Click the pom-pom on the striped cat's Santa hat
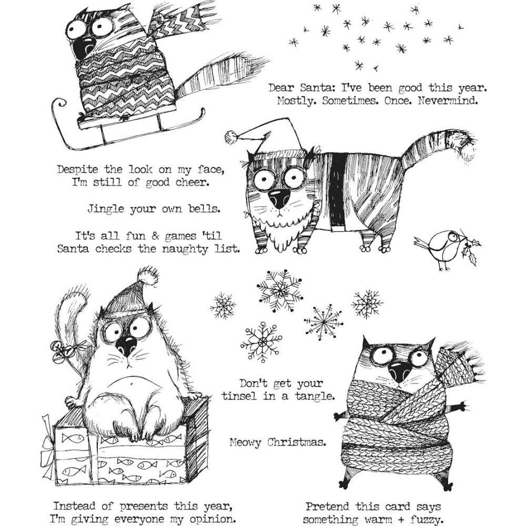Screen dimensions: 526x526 [230, 137]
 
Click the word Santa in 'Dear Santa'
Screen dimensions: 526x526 [314, 88]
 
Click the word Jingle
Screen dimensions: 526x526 [106, 209]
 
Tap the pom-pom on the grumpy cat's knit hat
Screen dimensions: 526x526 [147, 276]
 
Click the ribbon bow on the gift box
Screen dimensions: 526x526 [49, 442]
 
